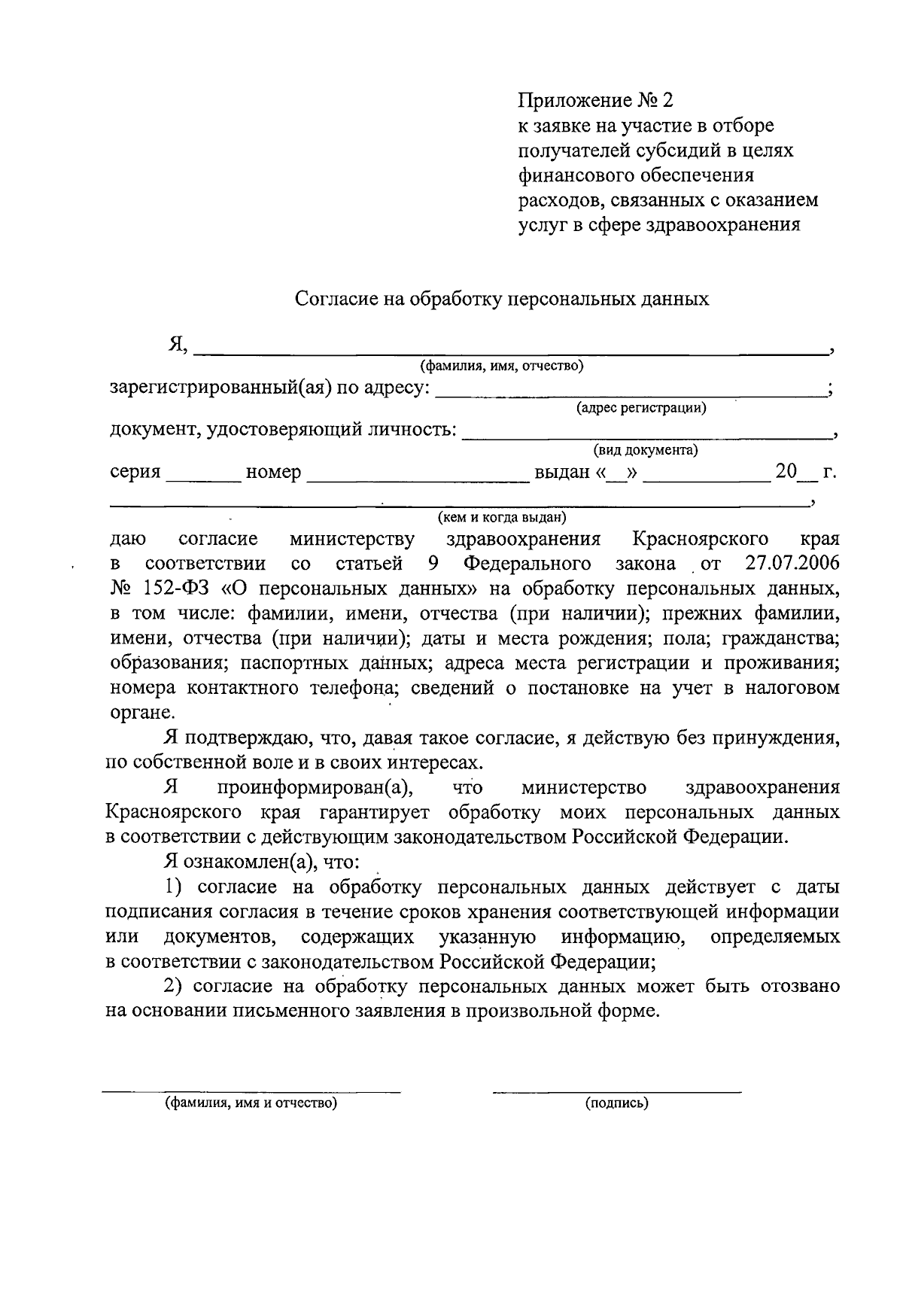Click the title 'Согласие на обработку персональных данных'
502,299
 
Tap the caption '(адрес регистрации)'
641,409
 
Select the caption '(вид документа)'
646,450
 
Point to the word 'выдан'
561,473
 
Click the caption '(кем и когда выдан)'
502,518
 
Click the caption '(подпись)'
616,1104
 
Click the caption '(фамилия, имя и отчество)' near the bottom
251,1104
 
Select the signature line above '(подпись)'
616,1091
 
